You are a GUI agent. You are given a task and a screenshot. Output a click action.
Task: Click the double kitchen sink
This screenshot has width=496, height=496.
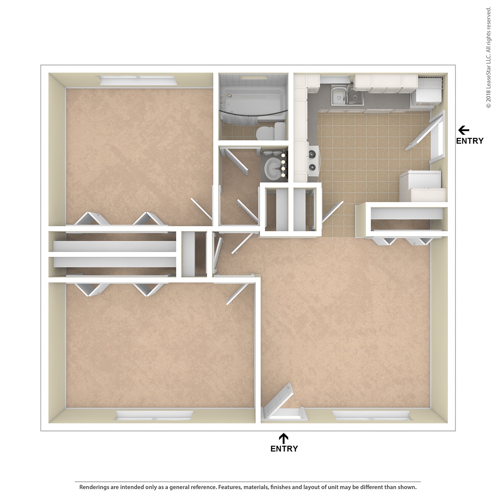click(x=347, y=97)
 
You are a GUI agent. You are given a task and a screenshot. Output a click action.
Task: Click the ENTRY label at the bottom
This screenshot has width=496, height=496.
click(x=284, y=449)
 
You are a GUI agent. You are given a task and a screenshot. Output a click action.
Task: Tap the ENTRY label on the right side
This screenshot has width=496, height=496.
click(x=470, y=141)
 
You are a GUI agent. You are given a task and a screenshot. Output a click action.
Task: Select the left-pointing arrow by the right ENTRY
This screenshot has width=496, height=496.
click(x=464, y=130)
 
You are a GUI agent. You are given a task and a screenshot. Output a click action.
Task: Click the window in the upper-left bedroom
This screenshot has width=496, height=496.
click(x=138, y=80)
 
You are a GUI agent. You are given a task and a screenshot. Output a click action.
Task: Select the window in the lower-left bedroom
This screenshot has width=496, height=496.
click(x=154, y=415)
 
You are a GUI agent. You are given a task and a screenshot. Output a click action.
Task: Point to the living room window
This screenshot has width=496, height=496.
click(x=371, y=415)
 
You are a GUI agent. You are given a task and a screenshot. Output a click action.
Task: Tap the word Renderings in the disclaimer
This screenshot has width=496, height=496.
click(x=94, y=487)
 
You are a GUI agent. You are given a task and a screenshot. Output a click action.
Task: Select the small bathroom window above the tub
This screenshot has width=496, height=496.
click(x=254, y=77)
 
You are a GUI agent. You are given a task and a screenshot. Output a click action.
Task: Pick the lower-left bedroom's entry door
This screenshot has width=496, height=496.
click(x=237, y=294)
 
